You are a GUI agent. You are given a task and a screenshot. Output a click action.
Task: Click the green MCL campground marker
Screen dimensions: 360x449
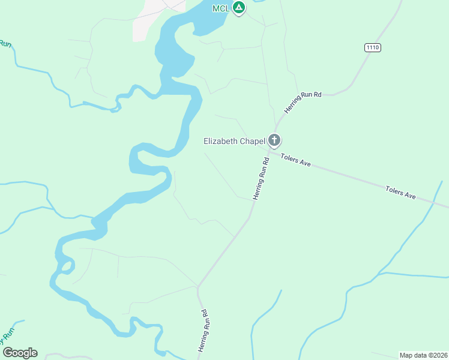pos(239,8)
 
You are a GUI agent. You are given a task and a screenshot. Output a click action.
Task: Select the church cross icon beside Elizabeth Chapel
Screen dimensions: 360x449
pos(274,141)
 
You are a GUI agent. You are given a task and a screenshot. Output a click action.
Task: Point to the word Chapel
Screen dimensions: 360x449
pos(253,142)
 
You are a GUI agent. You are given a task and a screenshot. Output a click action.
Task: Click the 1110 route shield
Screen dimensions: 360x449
pos(372,47)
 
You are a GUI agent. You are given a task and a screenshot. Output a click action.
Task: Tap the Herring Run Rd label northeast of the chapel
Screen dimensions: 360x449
pos(303,103)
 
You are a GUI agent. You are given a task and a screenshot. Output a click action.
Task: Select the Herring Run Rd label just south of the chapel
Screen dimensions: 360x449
pos(261,178)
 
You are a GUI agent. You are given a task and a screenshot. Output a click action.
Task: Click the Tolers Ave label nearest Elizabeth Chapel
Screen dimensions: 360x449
pos(296,160)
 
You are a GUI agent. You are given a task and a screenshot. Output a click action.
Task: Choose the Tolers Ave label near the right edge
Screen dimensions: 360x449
pos(401,193)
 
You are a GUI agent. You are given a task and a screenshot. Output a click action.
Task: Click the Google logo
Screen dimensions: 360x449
pos(20,353)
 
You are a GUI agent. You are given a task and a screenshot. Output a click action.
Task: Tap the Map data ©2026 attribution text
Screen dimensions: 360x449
pos(423,355)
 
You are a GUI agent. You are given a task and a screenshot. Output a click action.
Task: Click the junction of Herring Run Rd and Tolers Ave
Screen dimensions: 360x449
pos(268,152)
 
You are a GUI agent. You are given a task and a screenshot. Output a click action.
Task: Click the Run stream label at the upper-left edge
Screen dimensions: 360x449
pos(5,44)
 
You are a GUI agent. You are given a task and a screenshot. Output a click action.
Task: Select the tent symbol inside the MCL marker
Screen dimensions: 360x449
pos(239,8)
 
